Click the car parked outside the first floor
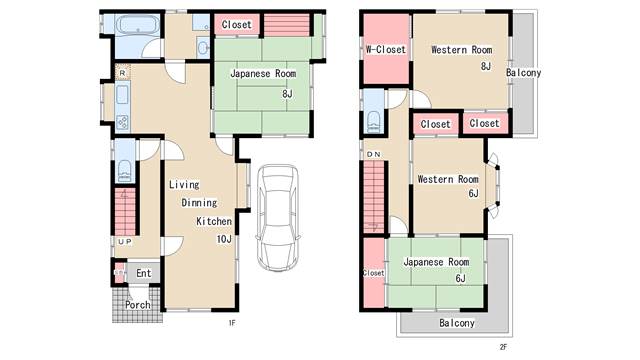tap(278, 217)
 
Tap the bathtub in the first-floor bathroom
tap(138, 24)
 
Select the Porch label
tap(138, 304)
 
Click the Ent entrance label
tap(144, 273)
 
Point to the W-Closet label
tap(386, 50)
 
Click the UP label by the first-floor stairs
tap(125, 242)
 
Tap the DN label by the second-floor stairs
tap(373, 154)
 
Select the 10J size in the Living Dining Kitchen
tap(224, 239)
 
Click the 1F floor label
tap(232, 323)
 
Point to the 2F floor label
tap(503, 347)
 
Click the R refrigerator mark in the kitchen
tap(122, 73)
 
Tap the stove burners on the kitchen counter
tap(122, 122)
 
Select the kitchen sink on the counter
tap(122, 94)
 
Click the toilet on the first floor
tap(125, 170)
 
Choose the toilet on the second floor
tap(374, 121)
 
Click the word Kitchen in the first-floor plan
tap(214, 221)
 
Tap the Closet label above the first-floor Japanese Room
tap(237, 24)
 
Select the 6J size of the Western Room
tap(473, 193)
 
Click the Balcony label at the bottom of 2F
tap(457, 323)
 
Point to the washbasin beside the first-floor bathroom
tap(202, 48)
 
